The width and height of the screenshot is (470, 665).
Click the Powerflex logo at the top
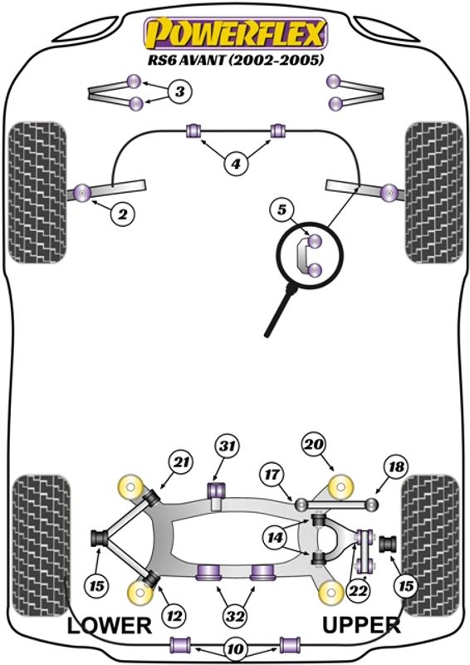(x=236, y=32)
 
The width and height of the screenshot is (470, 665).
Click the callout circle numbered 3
(x=180, y=91)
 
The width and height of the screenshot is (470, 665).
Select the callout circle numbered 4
(x=236, y=163)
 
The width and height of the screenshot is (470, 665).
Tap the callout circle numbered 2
(x=122, y=214)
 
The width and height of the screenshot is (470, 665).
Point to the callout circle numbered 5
(x=282, y=209)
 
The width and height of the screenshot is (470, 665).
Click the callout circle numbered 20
(x=314, y=445)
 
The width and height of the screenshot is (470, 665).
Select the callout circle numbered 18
(x=396, y=467)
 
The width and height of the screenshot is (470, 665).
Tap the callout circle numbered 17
(x=272, y=475)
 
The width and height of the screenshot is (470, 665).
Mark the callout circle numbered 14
(x=275, y=538)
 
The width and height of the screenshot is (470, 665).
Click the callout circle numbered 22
(x=358, y=590)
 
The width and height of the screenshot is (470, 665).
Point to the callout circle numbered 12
(x=174, y=615)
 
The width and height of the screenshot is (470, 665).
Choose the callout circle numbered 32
(x=235, y=615)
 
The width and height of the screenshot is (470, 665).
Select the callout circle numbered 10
(x=236, y=649)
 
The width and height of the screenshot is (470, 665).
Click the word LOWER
(x=110, y=626)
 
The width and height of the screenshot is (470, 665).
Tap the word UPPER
(x=361, y=625)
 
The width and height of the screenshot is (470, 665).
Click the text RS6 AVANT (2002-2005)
(x=235, y=60)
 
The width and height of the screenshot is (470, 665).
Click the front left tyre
(x=37, y=192)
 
